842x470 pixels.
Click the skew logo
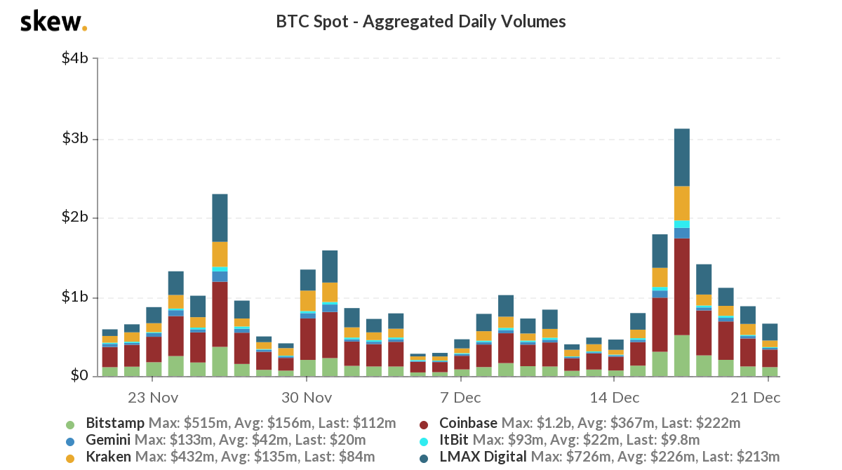53,22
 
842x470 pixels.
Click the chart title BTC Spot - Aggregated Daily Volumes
421,22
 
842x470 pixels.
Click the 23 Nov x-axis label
153,398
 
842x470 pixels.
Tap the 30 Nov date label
307,398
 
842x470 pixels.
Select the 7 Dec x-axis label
460,398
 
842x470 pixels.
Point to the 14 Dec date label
614,398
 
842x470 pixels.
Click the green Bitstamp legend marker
69,424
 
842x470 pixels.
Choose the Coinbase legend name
467,424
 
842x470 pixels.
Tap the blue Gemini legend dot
69,441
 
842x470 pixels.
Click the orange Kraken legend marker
69,458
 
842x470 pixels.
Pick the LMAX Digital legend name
483,457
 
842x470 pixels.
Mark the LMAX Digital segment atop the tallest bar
681,157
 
